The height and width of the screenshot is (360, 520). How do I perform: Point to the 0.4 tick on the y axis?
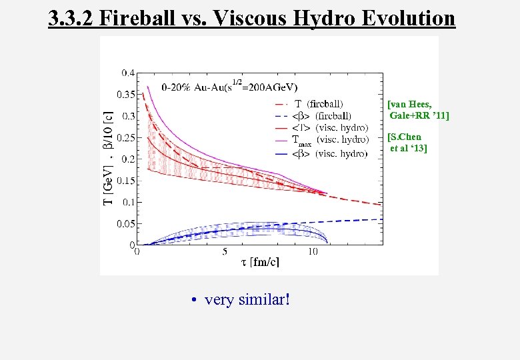pos(127,73)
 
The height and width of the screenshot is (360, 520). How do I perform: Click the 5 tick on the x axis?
pos(225,252)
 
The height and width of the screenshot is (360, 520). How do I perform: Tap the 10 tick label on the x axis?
pos(312,252)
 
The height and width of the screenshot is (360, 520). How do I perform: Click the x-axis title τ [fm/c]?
pos(260,263)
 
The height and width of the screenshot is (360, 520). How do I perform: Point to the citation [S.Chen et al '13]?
pos(407,143)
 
